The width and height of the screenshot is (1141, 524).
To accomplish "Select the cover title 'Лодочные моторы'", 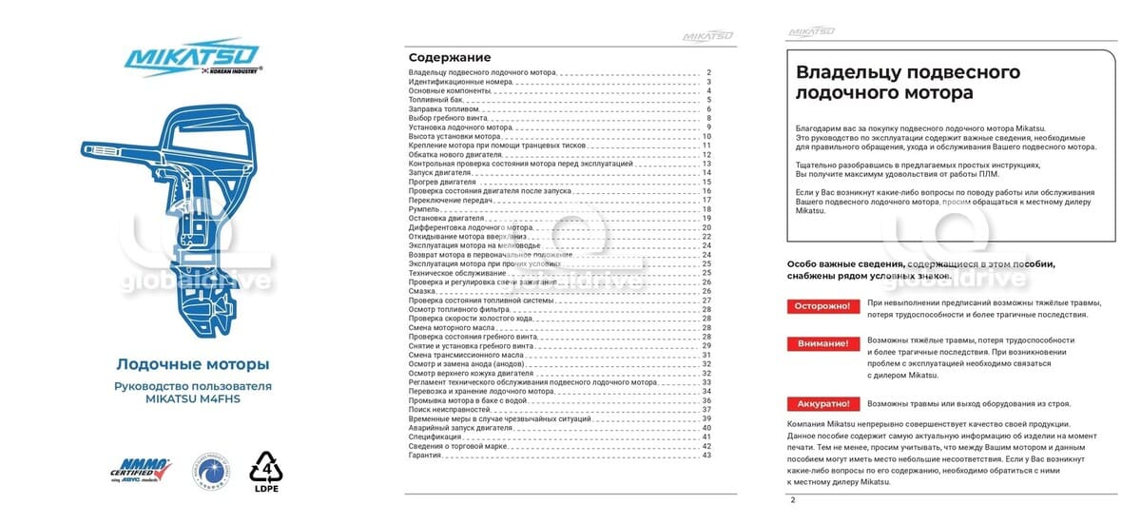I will tap(192, 364).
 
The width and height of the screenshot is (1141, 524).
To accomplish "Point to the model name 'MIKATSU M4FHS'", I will tap(192, 400).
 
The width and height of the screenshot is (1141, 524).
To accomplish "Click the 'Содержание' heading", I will tap(442, 58).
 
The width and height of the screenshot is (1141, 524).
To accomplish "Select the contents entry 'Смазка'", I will tap(424, 291).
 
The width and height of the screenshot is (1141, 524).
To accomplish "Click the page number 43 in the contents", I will tap(706, 456).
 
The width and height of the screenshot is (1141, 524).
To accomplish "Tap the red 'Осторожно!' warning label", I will tap(822, 306).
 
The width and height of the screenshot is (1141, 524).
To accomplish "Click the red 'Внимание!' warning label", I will tap(822, 343).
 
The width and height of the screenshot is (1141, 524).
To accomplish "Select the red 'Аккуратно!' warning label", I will tap(822, 403).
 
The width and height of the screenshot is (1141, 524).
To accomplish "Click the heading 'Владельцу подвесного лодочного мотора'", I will tap(907, 83).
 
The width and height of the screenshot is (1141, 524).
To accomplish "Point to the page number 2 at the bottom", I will tap(793, 498).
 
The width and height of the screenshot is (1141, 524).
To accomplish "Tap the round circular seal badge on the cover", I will tap(208, 469).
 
